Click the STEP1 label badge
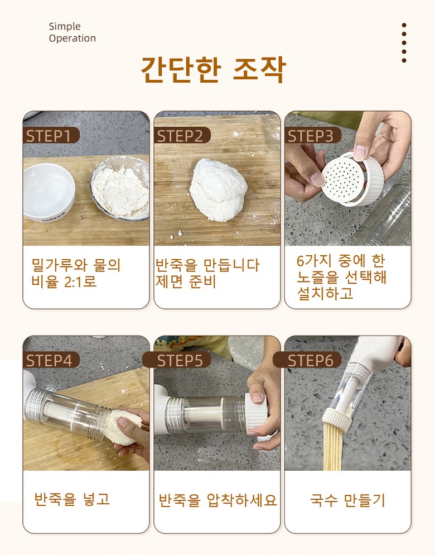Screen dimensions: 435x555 pos(51,135)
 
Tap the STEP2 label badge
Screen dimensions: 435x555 pos(182,135)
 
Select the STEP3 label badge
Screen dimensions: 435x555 pos(313,135)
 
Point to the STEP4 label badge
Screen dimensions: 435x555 pos(51,360)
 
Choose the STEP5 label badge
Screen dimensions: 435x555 pos(177,360)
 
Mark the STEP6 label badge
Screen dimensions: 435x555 pos(307,360)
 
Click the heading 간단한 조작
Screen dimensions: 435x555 pos(213,69)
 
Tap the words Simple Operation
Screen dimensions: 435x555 pos(72,32)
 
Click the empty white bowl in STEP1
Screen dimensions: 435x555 pos(49,193)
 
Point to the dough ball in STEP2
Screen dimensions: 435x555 pos(218,190)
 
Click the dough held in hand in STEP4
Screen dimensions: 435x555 pos(124,426)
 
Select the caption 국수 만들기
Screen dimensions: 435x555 pos(347,499)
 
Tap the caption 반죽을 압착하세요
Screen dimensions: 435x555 pos(217,500)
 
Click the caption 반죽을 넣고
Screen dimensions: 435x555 pos(72,499)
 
